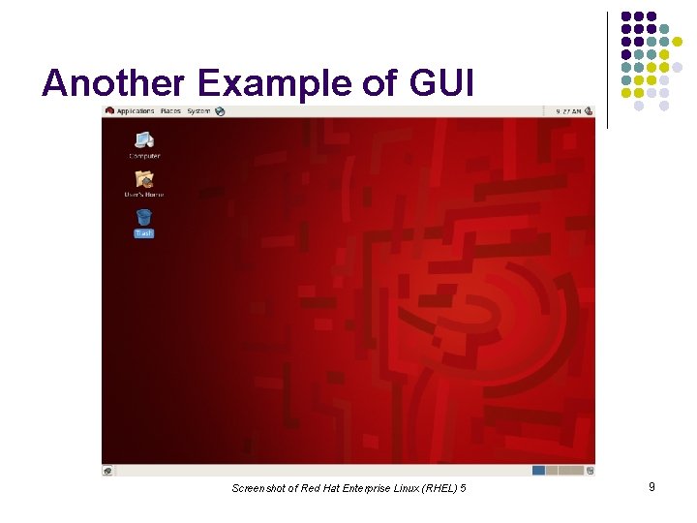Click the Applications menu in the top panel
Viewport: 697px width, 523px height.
[136, 111]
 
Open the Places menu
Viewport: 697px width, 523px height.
[170, 111]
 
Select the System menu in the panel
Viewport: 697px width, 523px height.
[198, 111]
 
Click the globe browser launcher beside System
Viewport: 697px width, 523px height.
[220, 111]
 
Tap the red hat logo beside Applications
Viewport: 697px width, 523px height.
[109, 111]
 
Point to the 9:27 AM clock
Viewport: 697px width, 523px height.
[568, 111]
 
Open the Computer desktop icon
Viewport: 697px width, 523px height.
[144, 142]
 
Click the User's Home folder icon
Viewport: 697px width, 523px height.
[144, 179]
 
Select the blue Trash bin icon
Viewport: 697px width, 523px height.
[144, 217]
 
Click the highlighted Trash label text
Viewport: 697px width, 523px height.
[144, 233]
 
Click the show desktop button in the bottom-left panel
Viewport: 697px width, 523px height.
[107, 471]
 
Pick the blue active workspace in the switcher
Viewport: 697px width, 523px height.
[538, 471]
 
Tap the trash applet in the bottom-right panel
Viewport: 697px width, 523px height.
[590, 471]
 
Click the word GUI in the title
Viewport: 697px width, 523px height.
[442, 84]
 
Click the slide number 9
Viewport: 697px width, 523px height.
[652, 487]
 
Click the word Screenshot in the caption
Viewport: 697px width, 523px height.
[258, 488]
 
